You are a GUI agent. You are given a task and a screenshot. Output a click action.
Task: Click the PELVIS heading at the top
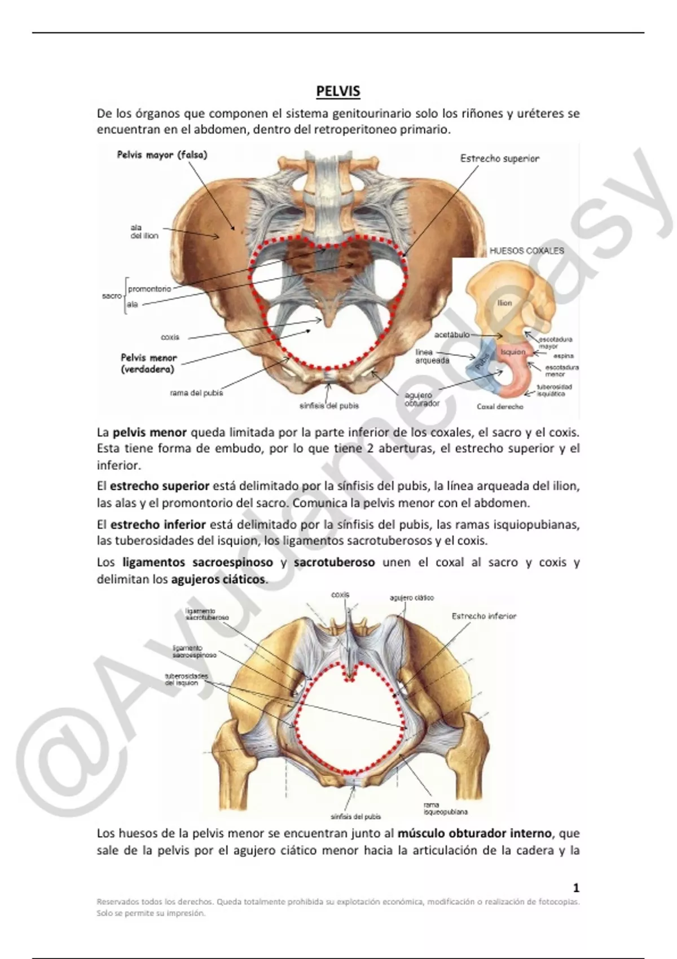click(338, 91)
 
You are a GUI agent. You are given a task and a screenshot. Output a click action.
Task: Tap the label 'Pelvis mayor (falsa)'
click(162, 155)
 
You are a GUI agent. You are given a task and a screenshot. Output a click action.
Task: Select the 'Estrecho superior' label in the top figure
click(499, 159)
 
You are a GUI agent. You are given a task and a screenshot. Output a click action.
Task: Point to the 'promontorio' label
click(150, 289)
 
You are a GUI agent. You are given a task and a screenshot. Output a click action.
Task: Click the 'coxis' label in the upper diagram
click(170, 337)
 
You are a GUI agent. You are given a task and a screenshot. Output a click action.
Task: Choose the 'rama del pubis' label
click(196, 393)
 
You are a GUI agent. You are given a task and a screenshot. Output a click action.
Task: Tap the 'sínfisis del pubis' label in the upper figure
click(329, 406)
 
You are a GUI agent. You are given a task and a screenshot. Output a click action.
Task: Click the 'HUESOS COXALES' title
click(526, 250)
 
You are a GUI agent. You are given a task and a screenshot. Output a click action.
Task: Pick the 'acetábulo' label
click(451, 335)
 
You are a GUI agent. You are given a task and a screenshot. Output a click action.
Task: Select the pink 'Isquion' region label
click(513, 352)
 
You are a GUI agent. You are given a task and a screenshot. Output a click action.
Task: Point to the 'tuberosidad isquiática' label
click(554, 390)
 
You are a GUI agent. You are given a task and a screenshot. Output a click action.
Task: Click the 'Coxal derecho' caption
click(500, 406)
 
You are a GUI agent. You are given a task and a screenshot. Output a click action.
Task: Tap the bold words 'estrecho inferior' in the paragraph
click(158, 525)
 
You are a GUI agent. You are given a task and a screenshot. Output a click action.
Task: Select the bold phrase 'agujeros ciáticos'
click(218, 579)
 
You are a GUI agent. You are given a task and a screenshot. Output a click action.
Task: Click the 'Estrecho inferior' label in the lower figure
click(483, 617)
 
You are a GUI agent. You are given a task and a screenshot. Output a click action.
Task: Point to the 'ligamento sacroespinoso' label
click(194, 652)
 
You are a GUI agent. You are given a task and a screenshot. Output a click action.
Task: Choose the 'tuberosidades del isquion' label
click(186, 679)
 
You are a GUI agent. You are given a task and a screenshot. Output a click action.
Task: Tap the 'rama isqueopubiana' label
click(445, 808)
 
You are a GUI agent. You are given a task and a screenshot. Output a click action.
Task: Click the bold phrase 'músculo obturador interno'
click(474, 833)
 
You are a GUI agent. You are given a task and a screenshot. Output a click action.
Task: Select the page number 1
click(576, 888)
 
